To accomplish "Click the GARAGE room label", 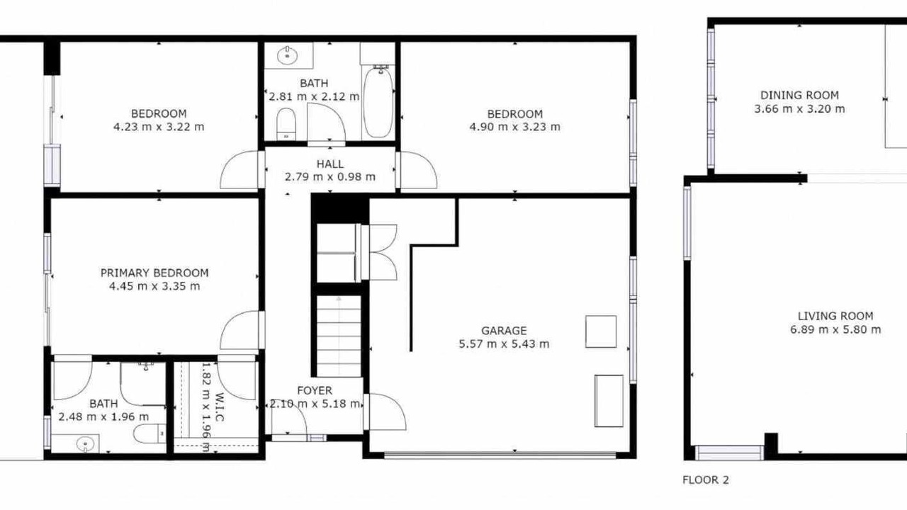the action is pyautogui.click(x=504, y=331).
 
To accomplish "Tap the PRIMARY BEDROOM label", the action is pyautogui.click(x=154, y=273).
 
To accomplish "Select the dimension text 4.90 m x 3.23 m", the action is pyautogui.click(x=514, y=127).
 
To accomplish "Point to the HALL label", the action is pyautogui.click(x=330, y=164).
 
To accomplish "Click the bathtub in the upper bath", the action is pyautogui.click(x=378, y=102).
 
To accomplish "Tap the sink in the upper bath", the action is pyautogui.click(x=288, y=55).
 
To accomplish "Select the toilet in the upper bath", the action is pyautogui.click(x=286, y=124).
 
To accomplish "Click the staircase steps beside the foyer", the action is pyautogui.click(x=339, y=336).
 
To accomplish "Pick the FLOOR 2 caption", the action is pyautogui.click(x=706, y=480).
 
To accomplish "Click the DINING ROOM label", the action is pyautogui.click(x=799, y=95).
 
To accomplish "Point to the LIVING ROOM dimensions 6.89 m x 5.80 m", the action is pyautogui.click(x=835, y=329).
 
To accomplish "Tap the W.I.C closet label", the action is pyautogui.click(x=219, y=407).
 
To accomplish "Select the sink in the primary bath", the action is pyautogui.click(x=86, y=444).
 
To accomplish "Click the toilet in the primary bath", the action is pyautogui.click(x=150, y=434).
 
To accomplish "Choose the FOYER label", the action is pyautogui.click(x=315, y=390).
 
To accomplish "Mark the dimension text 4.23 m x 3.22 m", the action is pyautogui.click(x=159, y=127).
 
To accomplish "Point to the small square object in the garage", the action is pyautogui.click(x=601, y=332).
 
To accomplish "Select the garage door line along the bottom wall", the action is pyautogui.click(x=500, y=455).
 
